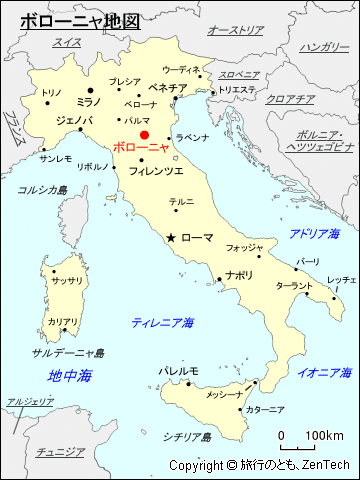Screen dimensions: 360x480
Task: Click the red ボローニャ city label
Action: (x=141, y=147)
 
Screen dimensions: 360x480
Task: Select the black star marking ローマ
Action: (x=171, y=237)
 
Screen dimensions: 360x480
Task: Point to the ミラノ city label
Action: (x=89, y=101)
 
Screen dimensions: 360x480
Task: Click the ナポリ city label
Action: (x=239, y=274)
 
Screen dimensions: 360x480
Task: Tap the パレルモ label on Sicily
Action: (x=179, y=370)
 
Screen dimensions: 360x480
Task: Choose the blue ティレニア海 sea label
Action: (x=163, y=322)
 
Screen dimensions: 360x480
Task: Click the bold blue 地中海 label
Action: (x=70, y=375)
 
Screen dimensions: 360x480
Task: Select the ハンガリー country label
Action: (x=322, y=47)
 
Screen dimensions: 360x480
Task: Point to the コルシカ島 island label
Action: (x=42, y=189)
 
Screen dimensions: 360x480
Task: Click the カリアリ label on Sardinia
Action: (x=63, y=322)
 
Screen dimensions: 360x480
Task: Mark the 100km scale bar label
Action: (x=325, y=435)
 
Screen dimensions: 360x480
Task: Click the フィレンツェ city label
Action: (x=156, y=171)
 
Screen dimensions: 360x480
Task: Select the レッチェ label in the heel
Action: (x=341, y=279)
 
